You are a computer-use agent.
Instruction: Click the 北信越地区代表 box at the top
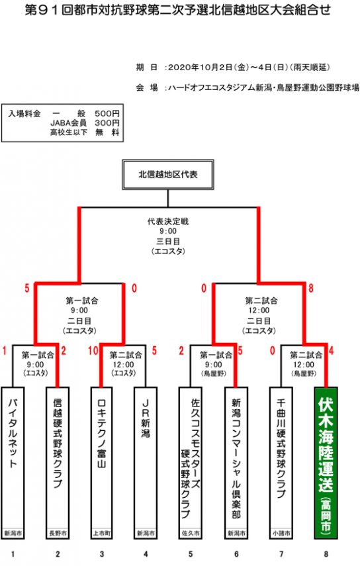click(168, 175)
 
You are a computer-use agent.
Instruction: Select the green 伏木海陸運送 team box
click(326, 463)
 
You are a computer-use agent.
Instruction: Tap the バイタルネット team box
click(13, 463)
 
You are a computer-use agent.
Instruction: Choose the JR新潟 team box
click(146, 463)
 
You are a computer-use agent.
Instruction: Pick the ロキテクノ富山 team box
click(101, 463)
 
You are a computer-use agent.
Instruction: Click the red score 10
click(93, 350)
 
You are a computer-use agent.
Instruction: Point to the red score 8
click(310, 288)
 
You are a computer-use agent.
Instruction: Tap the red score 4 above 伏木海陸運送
click(332, 350)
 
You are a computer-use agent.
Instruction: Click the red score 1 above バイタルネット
click(5, 350)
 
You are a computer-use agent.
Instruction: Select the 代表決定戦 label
click(168, 221)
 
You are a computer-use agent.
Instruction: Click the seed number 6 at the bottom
click(237, 553)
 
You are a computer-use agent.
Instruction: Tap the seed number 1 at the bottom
click(13, 553)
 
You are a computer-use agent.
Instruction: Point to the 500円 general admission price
click(107, 114)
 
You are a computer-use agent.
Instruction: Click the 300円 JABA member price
click(107, 123)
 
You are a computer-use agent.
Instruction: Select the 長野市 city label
click(58, 533)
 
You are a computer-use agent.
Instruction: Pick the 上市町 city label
click(101, 533)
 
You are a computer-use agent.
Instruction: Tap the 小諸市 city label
click(281, 533)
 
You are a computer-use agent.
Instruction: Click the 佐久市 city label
click(190, 533)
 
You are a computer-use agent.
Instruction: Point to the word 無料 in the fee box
click(107, 132)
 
